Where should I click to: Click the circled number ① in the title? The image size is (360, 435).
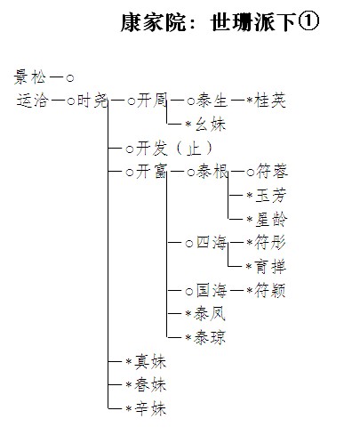[x=308, y=21]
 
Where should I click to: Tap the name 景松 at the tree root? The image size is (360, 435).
[x=30, y=77]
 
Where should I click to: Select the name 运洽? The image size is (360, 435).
[x=33, y=100]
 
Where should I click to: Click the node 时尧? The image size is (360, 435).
[x=92, y=101]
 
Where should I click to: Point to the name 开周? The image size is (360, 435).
[x=152, y=101]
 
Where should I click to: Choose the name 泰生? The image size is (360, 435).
[x=212, y=101]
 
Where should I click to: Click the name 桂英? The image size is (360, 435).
[x=270, y=101]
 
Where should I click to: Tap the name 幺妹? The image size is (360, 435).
[x=211, y=124]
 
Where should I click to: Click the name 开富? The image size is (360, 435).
[x=152, y=172]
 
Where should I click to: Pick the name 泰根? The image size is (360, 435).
[x=212, y=172]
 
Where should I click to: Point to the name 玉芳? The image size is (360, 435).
[x=271, y=196]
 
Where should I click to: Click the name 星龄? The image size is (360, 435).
[x=271, y=220]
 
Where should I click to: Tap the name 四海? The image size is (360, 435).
[x=212, y=243]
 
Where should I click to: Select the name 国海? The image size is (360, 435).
[x=212, y=290]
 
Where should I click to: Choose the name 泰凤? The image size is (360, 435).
[x=210, y=314]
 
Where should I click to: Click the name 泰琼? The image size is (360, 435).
[x=210, y=337]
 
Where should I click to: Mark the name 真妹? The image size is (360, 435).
[x=150, y=362]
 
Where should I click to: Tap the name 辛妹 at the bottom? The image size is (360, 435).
[x=150, y=409]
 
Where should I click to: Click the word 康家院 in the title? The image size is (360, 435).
[x=153, y=22]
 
